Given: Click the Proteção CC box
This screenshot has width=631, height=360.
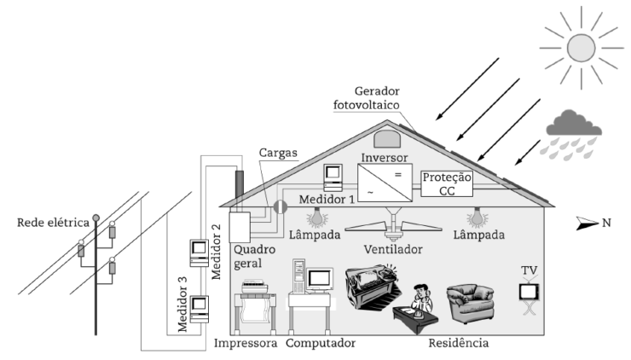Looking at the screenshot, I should click(x=448, y=182).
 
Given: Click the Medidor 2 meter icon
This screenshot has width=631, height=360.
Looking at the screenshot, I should click(x=199, y=253).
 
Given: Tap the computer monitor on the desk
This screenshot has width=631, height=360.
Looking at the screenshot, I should click(x=320, y=279).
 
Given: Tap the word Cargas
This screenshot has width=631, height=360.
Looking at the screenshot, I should click(x=277, y=153).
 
